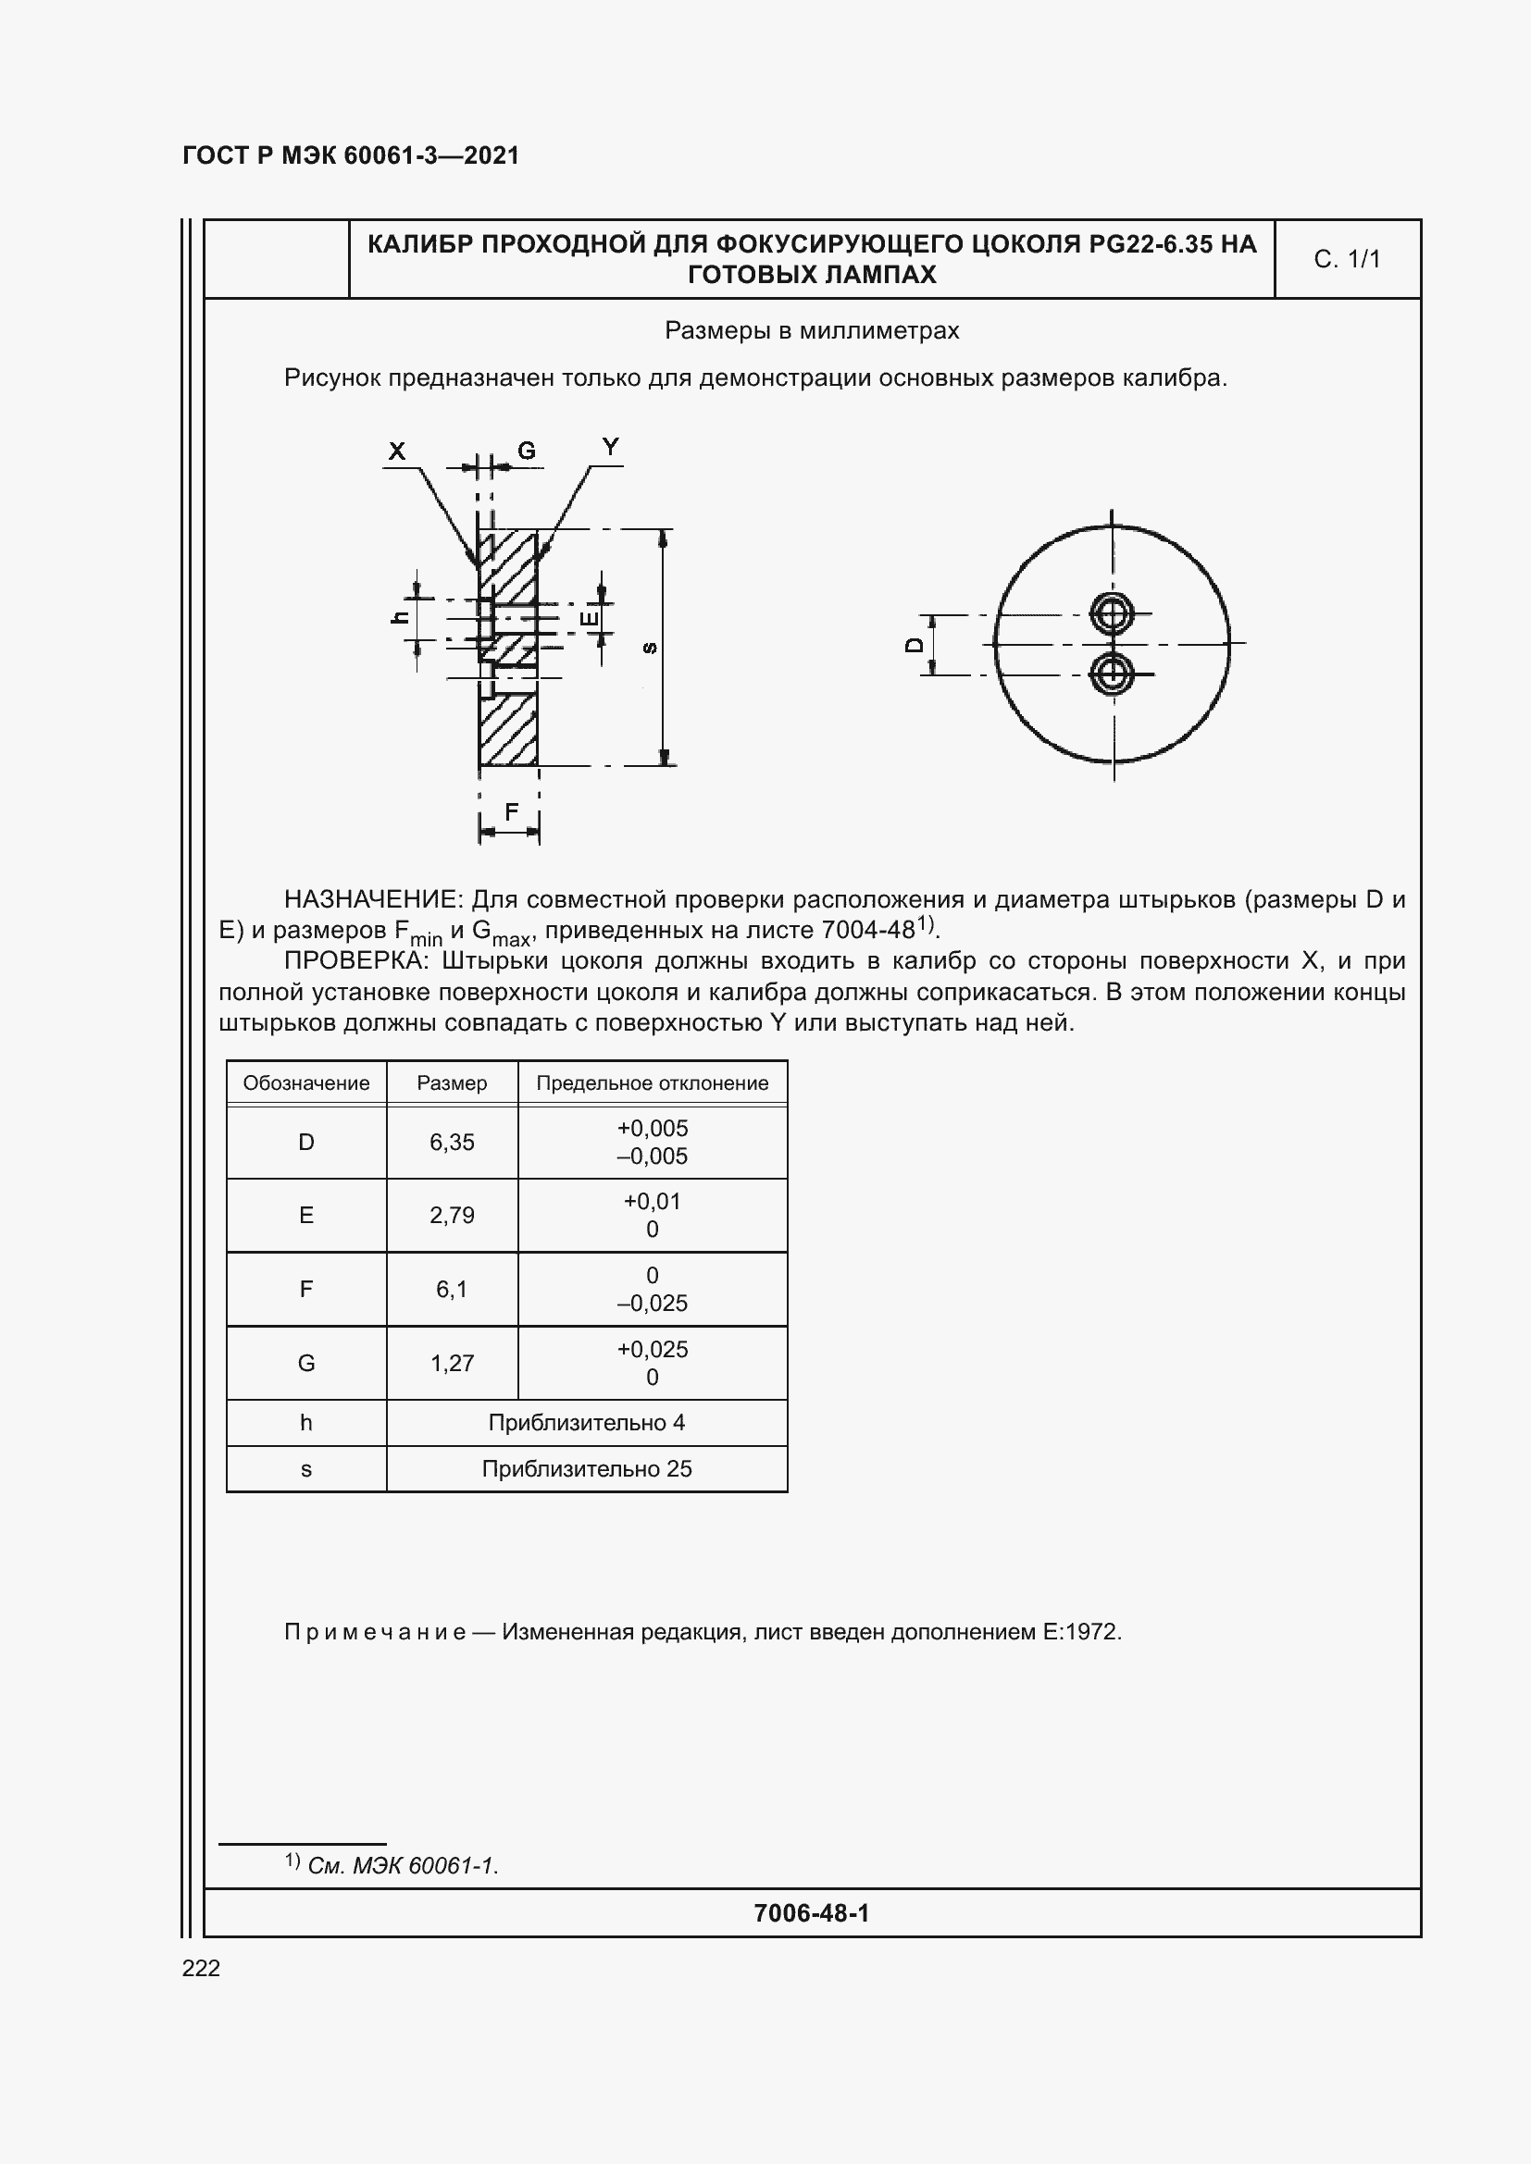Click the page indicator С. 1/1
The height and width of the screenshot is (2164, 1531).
[1346, 259]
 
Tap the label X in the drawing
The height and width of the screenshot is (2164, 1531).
[397, 451]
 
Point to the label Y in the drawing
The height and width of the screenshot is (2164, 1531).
[611, 447]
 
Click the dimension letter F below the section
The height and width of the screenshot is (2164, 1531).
[511, 811]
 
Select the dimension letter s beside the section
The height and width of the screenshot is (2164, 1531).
[649, 648]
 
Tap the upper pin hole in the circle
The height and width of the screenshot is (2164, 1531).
[1113, 614]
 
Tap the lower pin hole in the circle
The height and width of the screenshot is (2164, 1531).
[1113, 674]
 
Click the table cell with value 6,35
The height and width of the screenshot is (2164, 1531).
[452, 1143]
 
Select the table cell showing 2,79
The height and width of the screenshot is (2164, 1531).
[452, 1216]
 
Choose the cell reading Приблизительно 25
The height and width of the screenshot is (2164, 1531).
[586, 1468]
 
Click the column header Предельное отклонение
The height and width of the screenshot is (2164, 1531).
[652, 1083]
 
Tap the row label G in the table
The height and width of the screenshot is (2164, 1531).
[306, 1363]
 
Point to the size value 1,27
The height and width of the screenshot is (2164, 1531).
[452, 1363]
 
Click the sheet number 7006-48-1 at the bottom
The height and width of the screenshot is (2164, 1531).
[811, 1912]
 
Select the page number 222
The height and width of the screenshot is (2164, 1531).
[201, 1967]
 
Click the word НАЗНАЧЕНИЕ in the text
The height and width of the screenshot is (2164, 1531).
[373, 899]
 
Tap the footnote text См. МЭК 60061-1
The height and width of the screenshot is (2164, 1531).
[403, 1865]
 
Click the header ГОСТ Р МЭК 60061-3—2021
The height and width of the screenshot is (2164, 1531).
[351, 155]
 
